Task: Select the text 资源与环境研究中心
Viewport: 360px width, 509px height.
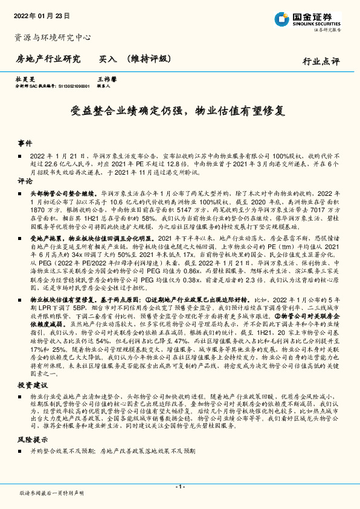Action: tap(53, 37)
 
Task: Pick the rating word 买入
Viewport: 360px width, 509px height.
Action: tap(108, 59)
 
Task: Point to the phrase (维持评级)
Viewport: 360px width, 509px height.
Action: tap(149, 59)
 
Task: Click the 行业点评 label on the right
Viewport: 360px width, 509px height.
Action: tap(321, 62)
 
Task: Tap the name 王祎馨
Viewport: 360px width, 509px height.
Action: tap(106, 79)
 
